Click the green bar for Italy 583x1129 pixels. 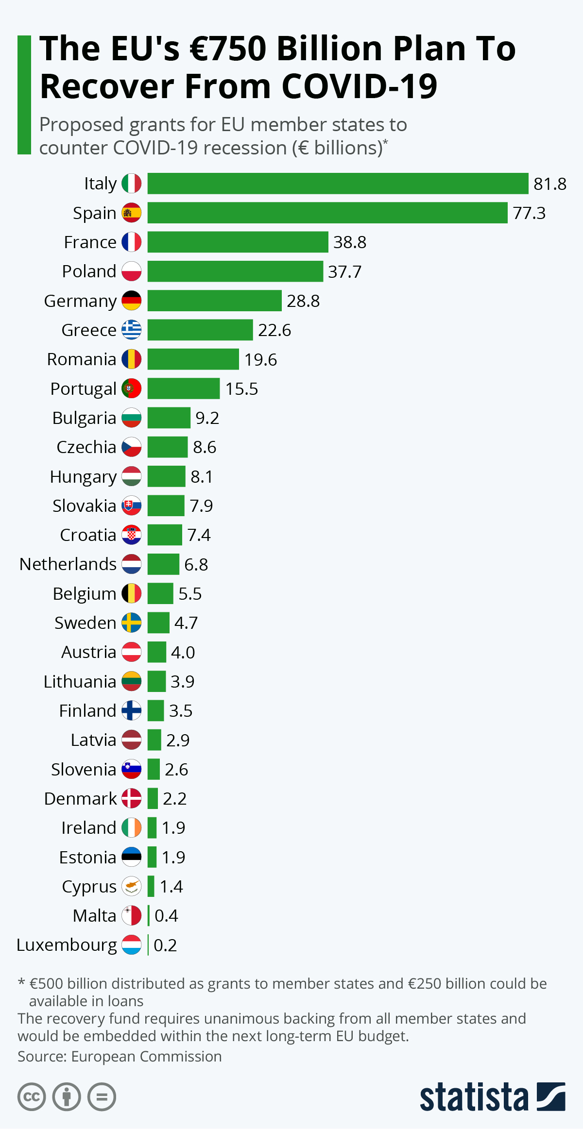point(338,184)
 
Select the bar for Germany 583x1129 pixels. point(214,301)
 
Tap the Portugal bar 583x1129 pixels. point(184,388)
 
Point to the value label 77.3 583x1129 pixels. point(529,213)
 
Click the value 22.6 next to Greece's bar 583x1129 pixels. point(274,330)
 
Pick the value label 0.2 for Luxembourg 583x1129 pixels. point(165,945)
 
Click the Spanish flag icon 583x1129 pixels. point(131,213)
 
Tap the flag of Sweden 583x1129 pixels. point(131,623)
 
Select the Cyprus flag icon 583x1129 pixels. point(131,886)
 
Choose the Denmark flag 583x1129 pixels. point(131,798)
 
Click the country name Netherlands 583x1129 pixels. point(68,564)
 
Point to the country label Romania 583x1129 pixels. point(82,359)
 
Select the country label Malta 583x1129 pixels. point(94,916)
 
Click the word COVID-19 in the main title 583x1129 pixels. point(360,86)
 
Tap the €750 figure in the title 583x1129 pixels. point(228,49)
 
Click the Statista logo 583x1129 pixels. point(492,1096)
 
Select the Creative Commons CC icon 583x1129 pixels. point(32,1097)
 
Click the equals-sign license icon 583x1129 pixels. point(102,1097)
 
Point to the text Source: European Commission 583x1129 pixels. point(120,1056)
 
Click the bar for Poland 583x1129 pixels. point(235,271)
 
